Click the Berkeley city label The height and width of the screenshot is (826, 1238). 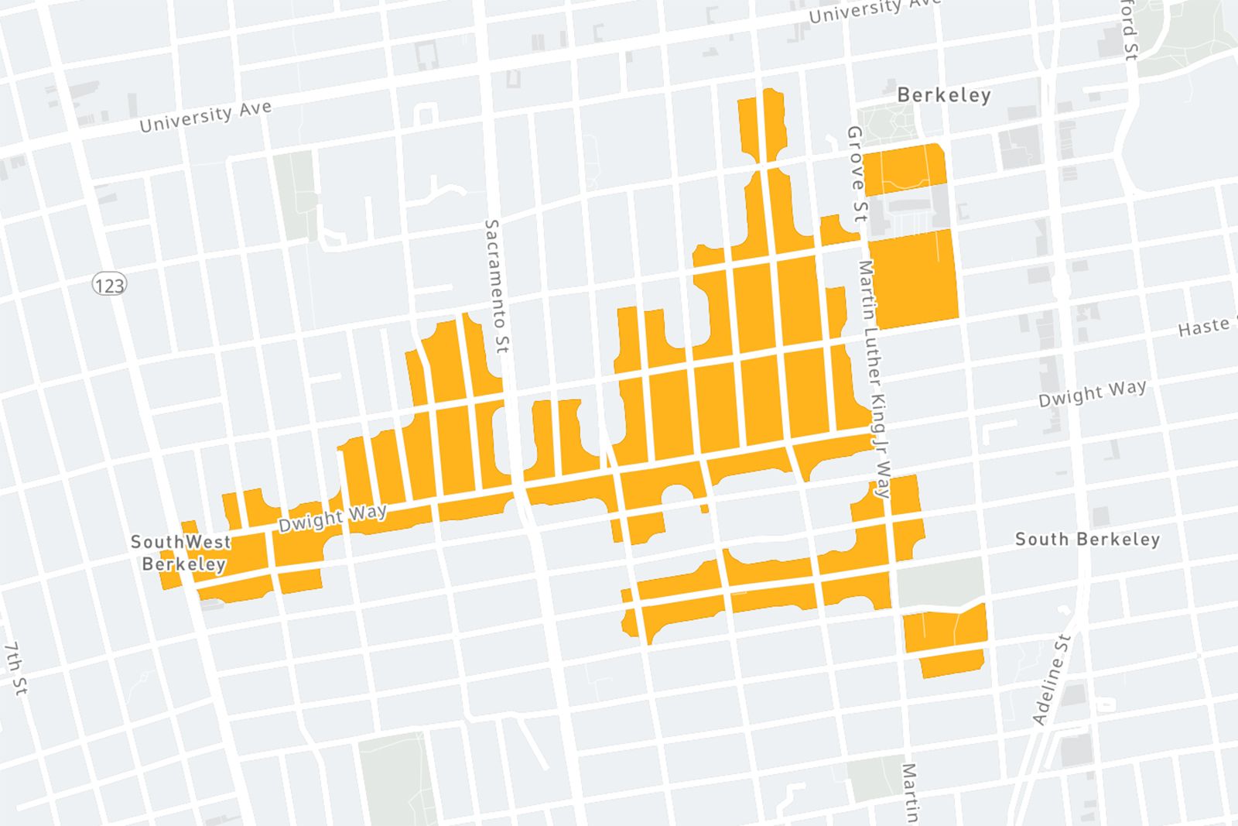(943, 95)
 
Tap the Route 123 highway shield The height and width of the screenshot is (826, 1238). (108, 285)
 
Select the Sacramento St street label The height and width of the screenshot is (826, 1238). (496, 286)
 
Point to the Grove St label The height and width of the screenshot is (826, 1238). (856, 174)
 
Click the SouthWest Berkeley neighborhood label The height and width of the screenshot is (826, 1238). (182, 553)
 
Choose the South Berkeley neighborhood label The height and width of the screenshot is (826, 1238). (1087, 539)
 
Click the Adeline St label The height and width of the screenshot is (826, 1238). (1052, 680)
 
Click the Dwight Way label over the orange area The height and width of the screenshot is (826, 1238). (332, 517)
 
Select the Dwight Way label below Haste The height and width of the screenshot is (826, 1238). (1092, 392)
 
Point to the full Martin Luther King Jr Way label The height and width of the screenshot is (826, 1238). (874, 379)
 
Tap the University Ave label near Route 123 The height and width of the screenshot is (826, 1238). (205, 116)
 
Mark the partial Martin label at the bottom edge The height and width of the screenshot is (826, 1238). (911, 793)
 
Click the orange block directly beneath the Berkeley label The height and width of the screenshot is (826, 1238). (904, 167)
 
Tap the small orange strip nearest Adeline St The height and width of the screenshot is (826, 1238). (952, 663)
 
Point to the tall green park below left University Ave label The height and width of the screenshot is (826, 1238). (295, 195)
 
